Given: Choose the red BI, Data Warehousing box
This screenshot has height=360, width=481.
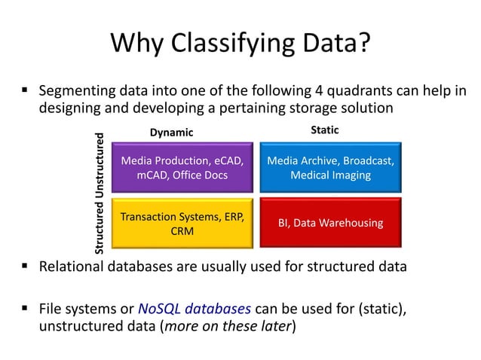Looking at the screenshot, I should coord(329,223).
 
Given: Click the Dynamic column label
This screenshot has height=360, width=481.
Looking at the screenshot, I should coord(171,133).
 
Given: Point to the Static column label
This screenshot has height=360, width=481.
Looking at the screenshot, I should coord(325,130).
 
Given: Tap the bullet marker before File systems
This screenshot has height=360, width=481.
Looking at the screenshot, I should coord(24,309).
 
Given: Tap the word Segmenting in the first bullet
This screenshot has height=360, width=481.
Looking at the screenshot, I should coord(78,92).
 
